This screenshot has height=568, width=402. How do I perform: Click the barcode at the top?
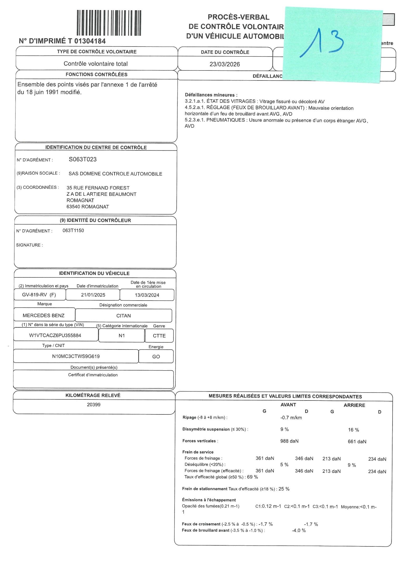(x=109, y=23)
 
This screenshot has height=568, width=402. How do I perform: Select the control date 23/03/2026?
(x=225, y=64)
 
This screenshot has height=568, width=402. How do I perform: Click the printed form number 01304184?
(x=90, y=41)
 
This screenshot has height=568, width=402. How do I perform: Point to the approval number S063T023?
(x=83, y=159)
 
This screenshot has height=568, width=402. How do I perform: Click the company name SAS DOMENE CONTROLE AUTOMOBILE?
(x=115, y=174)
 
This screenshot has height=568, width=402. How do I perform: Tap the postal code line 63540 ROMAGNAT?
(x=88, y=207)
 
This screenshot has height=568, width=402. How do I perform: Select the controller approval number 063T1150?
(x=73, y=231)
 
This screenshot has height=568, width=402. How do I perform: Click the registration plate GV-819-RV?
(x=34, y=295)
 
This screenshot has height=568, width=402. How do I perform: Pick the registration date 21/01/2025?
(x=93, y=295)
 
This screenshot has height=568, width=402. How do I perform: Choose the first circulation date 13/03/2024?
(x=147, y=295)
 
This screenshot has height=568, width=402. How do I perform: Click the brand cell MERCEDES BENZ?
(x=44, y=316)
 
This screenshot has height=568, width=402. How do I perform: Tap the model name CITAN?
(x=123, y=316)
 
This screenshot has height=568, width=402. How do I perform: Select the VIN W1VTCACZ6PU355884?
(x=55, y=336)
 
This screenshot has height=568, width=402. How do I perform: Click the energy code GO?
(x=156, y=357)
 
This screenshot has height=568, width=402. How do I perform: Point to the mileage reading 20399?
(x=94, y=405)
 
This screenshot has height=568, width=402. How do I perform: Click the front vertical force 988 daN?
(x=289, y=441)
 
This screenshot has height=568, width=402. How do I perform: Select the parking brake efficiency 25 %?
(x=284, y=489)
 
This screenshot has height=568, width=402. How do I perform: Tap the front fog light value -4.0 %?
(x=299, y=530)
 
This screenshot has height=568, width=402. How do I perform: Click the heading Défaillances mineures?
(x=211, y=95)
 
